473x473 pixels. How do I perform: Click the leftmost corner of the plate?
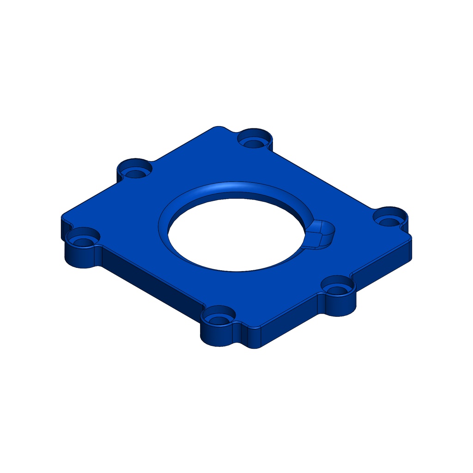pos(63,217)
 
